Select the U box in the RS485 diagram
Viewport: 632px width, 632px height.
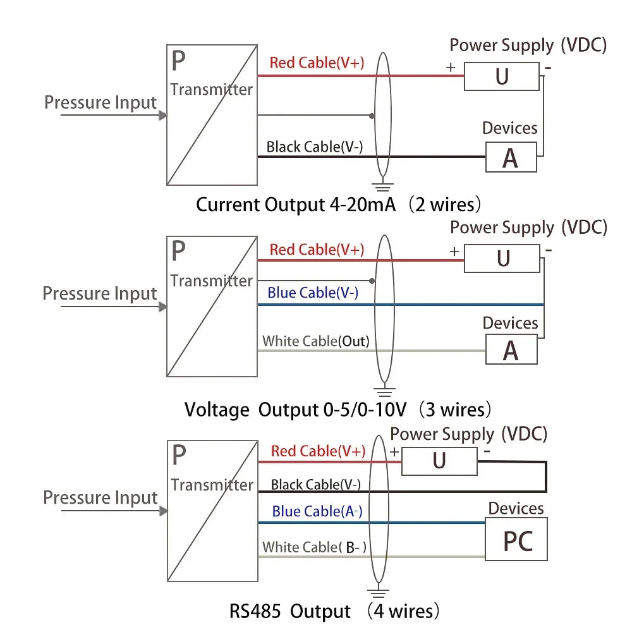point(440,461)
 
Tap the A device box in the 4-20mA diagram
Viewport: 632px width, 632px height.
point(511,157)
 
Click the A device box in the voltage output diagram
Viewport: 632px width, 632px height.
point(511,350)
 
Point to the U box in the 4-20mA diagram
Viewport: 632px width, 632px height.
point(502,76)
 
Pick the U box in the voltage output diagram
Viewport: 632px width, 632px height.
point(502,258)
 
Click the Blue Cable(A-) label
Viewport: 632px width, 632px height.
point(317,511)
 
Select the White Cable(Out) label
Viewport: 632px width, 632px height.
point(315,341)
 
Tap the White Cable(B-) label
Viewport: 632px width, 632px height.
point(315,547)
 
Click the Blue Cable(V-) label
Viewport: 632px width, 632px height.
point(313,293)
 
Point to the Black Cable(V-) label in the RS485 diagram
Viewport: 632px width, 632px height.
point(315,485)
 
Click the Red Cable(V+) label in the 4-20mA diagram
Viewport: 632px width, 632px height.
point(317,63)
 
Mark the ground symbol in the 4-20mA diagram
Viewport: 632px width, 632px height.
point(381,186)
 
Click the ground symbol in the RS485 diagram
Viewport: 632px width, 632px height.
point(377,593)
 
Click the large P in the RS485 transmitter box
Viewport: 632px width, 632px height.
point(179,454)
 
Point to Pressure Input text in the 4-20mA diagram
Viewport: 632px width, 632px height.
point(100,102)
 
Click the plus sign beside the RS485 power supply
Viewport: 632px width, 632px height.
point(394,452)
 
